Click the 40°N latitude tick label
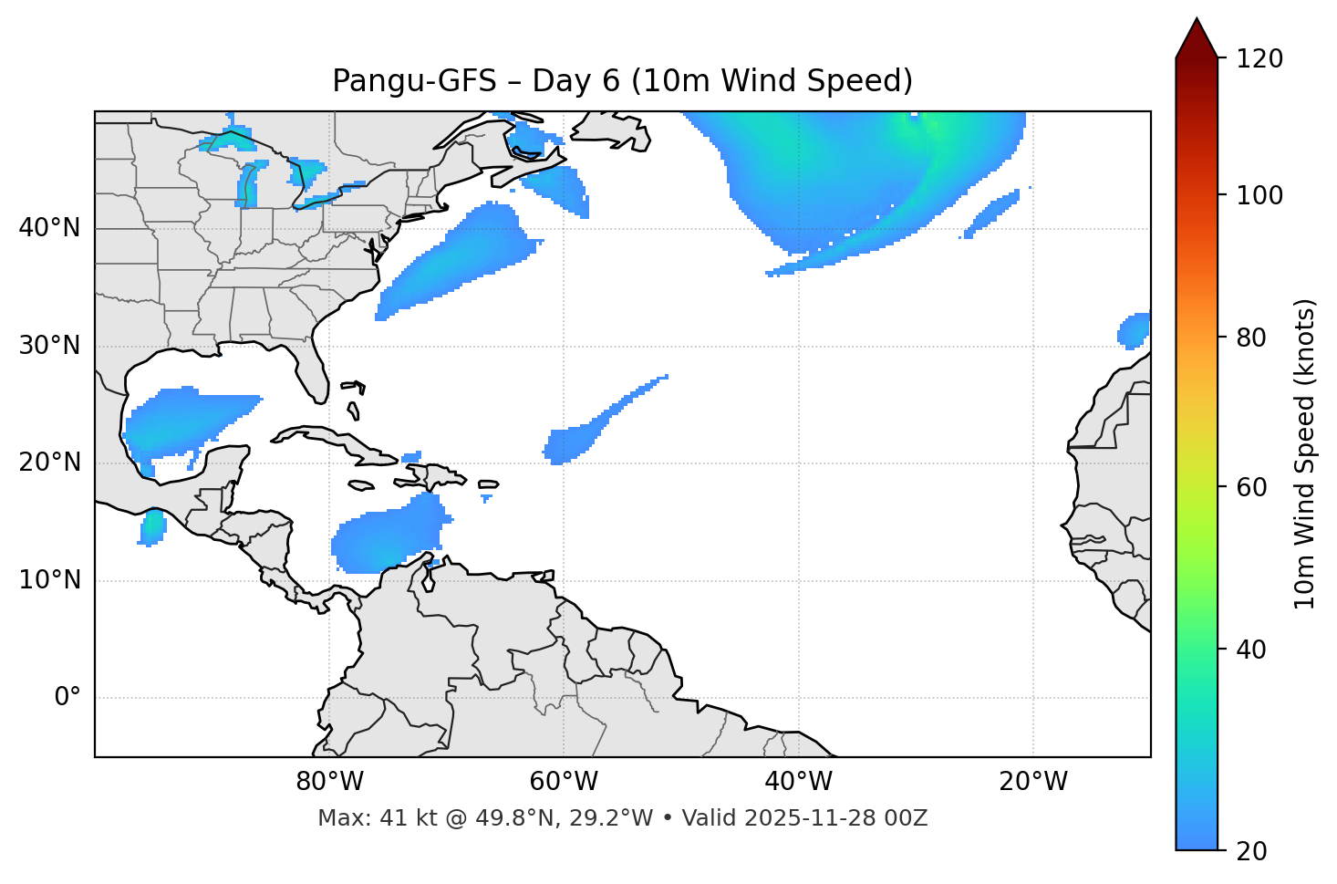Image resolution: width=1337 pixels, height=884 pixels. tap(49, 228)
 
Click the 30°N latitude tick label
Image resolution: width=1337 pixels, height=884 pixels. tap(49, 346)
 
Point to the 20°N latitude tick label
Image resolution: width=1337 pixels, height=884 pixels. tap(49, 463)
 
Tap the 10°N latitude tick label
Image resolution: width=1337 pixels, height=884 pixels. tap(49, 580)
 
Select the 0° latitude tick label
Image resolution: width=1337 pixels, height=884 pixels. tap(67, 698)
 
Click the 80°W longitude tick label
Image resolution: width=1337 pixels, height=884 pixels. tap(329, 782)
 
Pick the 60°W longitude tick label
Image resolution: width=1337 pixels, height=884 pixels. tap(564, 782)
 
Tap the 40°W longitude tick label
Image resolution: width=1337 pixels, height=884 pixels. tap(798, 782)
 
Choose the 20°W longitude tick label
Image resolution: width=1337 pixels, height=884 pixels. tap(1032, 782)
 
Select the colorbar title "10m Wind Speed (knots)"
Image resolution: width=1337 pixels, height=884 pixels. tap(1306, 453)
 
